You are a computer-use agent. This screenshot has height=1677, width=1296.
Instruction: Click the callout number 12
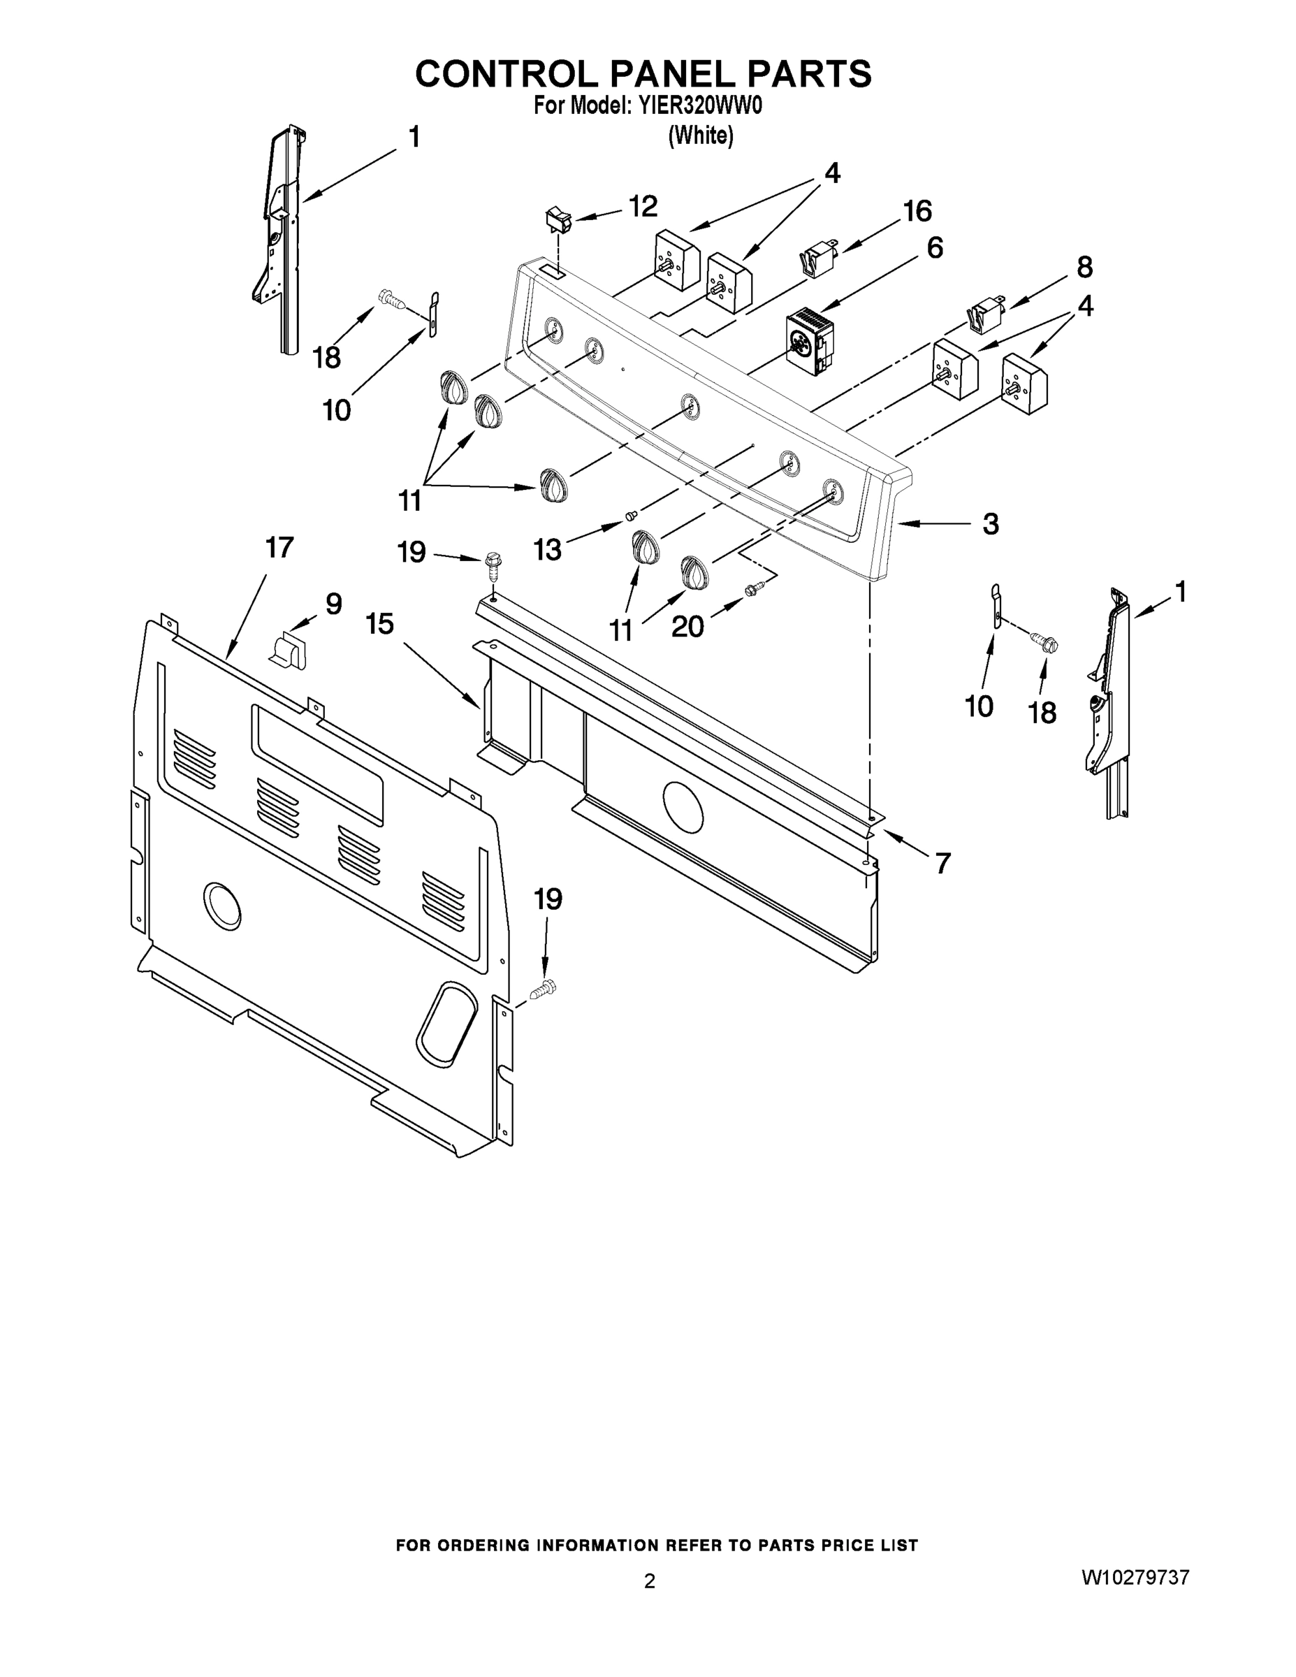(643, 207)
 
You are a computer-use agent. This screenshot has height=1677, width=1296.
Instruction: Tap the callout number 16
(917, 211)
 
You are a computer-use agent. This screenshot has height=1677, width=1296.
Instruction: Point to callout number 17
(279, 548)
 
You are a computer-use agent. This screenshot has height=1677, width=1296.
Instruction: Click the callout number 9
(333, 604)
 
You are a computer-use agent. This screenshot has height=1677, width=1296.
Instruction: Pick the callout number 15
(379, 623)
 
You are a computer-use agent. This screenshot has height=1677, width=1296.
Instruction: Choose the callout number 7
(942, 863)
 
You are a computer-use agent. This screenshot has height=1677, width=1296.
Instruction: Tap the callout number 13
(548, 550)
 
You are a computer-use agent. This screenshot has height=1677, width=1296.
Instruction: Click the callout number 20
(687, 627)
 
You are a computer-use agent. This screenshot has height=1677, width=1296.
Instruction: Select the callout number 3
(991, 525)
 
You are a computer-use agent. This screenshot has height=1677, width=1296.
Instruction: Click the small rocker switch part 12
(559, 220)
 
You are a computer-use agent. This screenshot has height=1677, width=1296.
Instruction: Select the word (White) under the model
(700, 136)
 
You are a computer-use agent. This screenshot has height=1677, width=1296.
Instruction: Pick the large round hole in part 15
(683, 808)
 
